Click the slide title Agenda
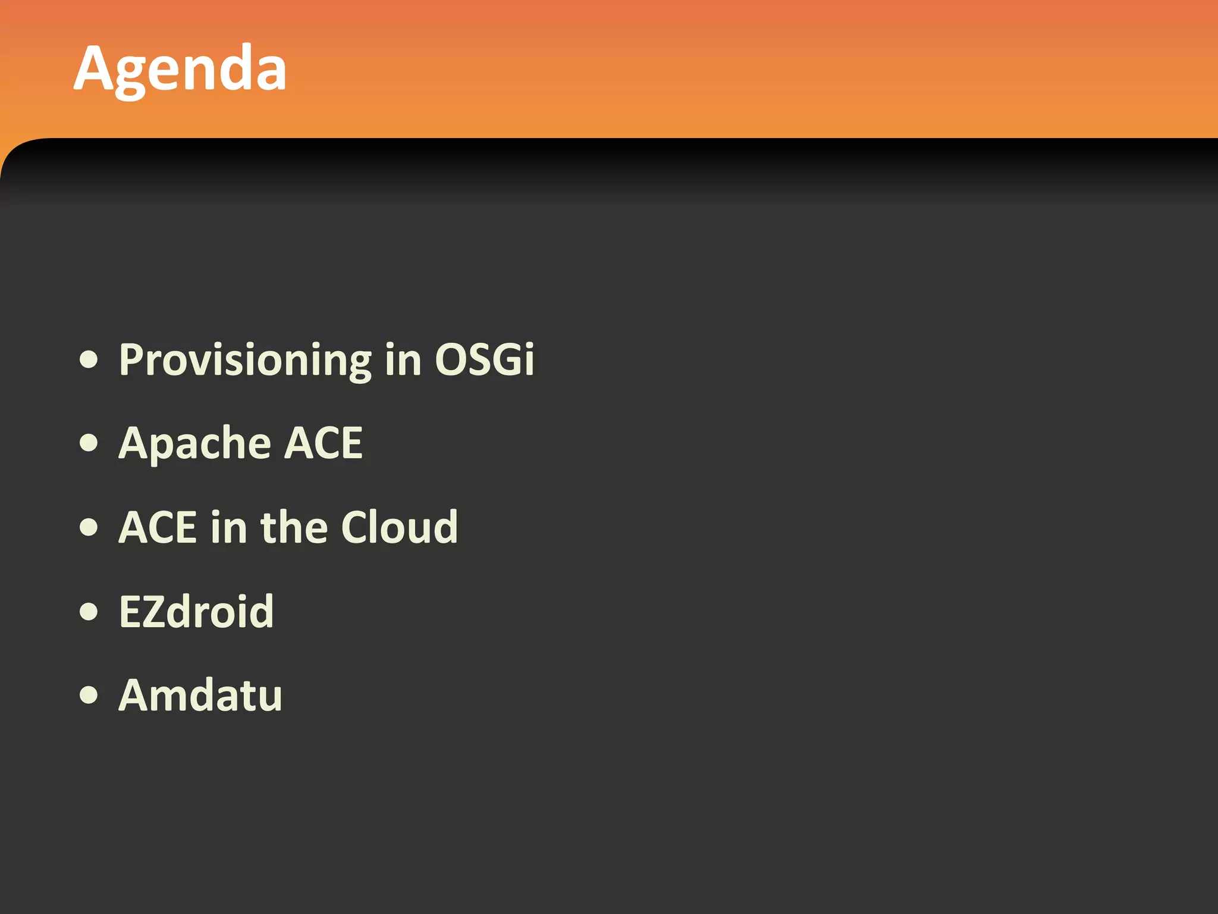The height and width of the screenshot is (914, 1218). [x=180, y=69]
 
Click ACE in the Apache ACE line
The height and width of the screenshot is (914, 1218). [x=323, y=443]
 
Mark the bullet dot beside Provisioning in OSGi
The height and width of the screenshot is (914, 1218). [x=89, y=360]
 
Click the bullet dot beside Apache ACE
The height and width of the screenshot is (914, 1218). [x=89, y=443]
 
